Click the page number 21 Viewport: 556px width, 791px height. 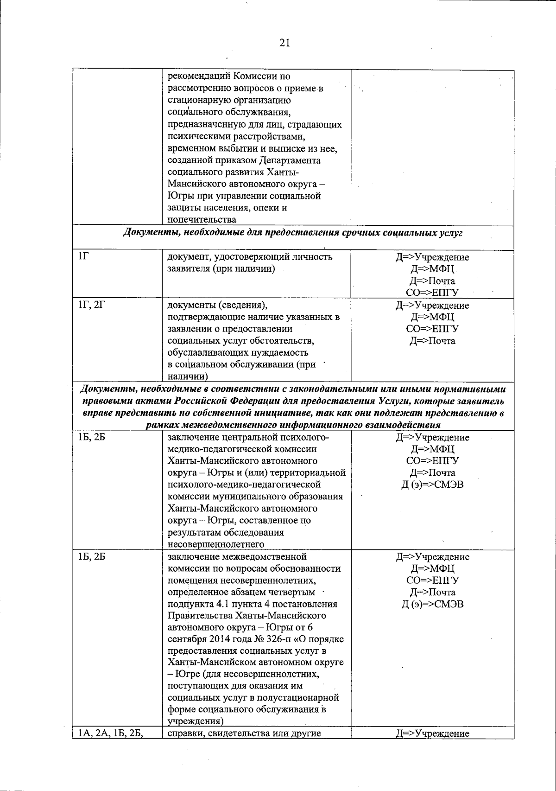click(284, 43)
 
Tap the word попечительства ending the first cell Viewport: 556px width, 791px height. click(202, 220)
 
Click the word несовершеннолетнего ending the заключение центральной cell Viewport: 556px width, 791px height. click(216, 544)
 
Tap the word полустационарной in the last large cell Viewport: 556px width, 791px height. click(299, 698)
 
